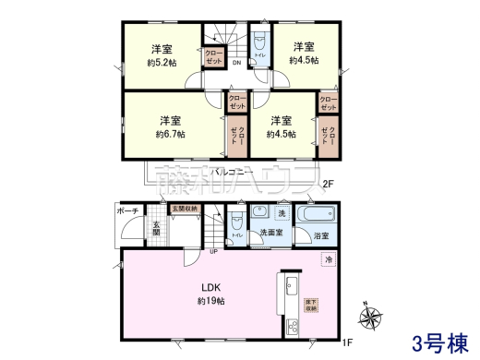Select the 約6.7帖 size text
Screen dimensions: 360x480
(x=170, y=135)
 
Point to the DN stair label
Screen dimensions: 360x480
(x=236, y=63)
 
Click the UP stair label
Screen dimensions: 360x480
(x=214, y=251)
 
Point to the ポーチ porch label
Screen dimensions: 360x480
(x=126, y=212)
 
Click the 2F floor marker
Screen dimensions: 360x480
(x=327, y=183)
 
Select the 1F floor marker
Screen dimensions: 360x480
(x=348, y=344)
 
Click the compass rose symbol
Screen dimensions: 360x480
(x=375, y=318)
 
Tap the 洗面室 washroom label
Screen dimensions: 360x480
(x=271, y=234)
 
